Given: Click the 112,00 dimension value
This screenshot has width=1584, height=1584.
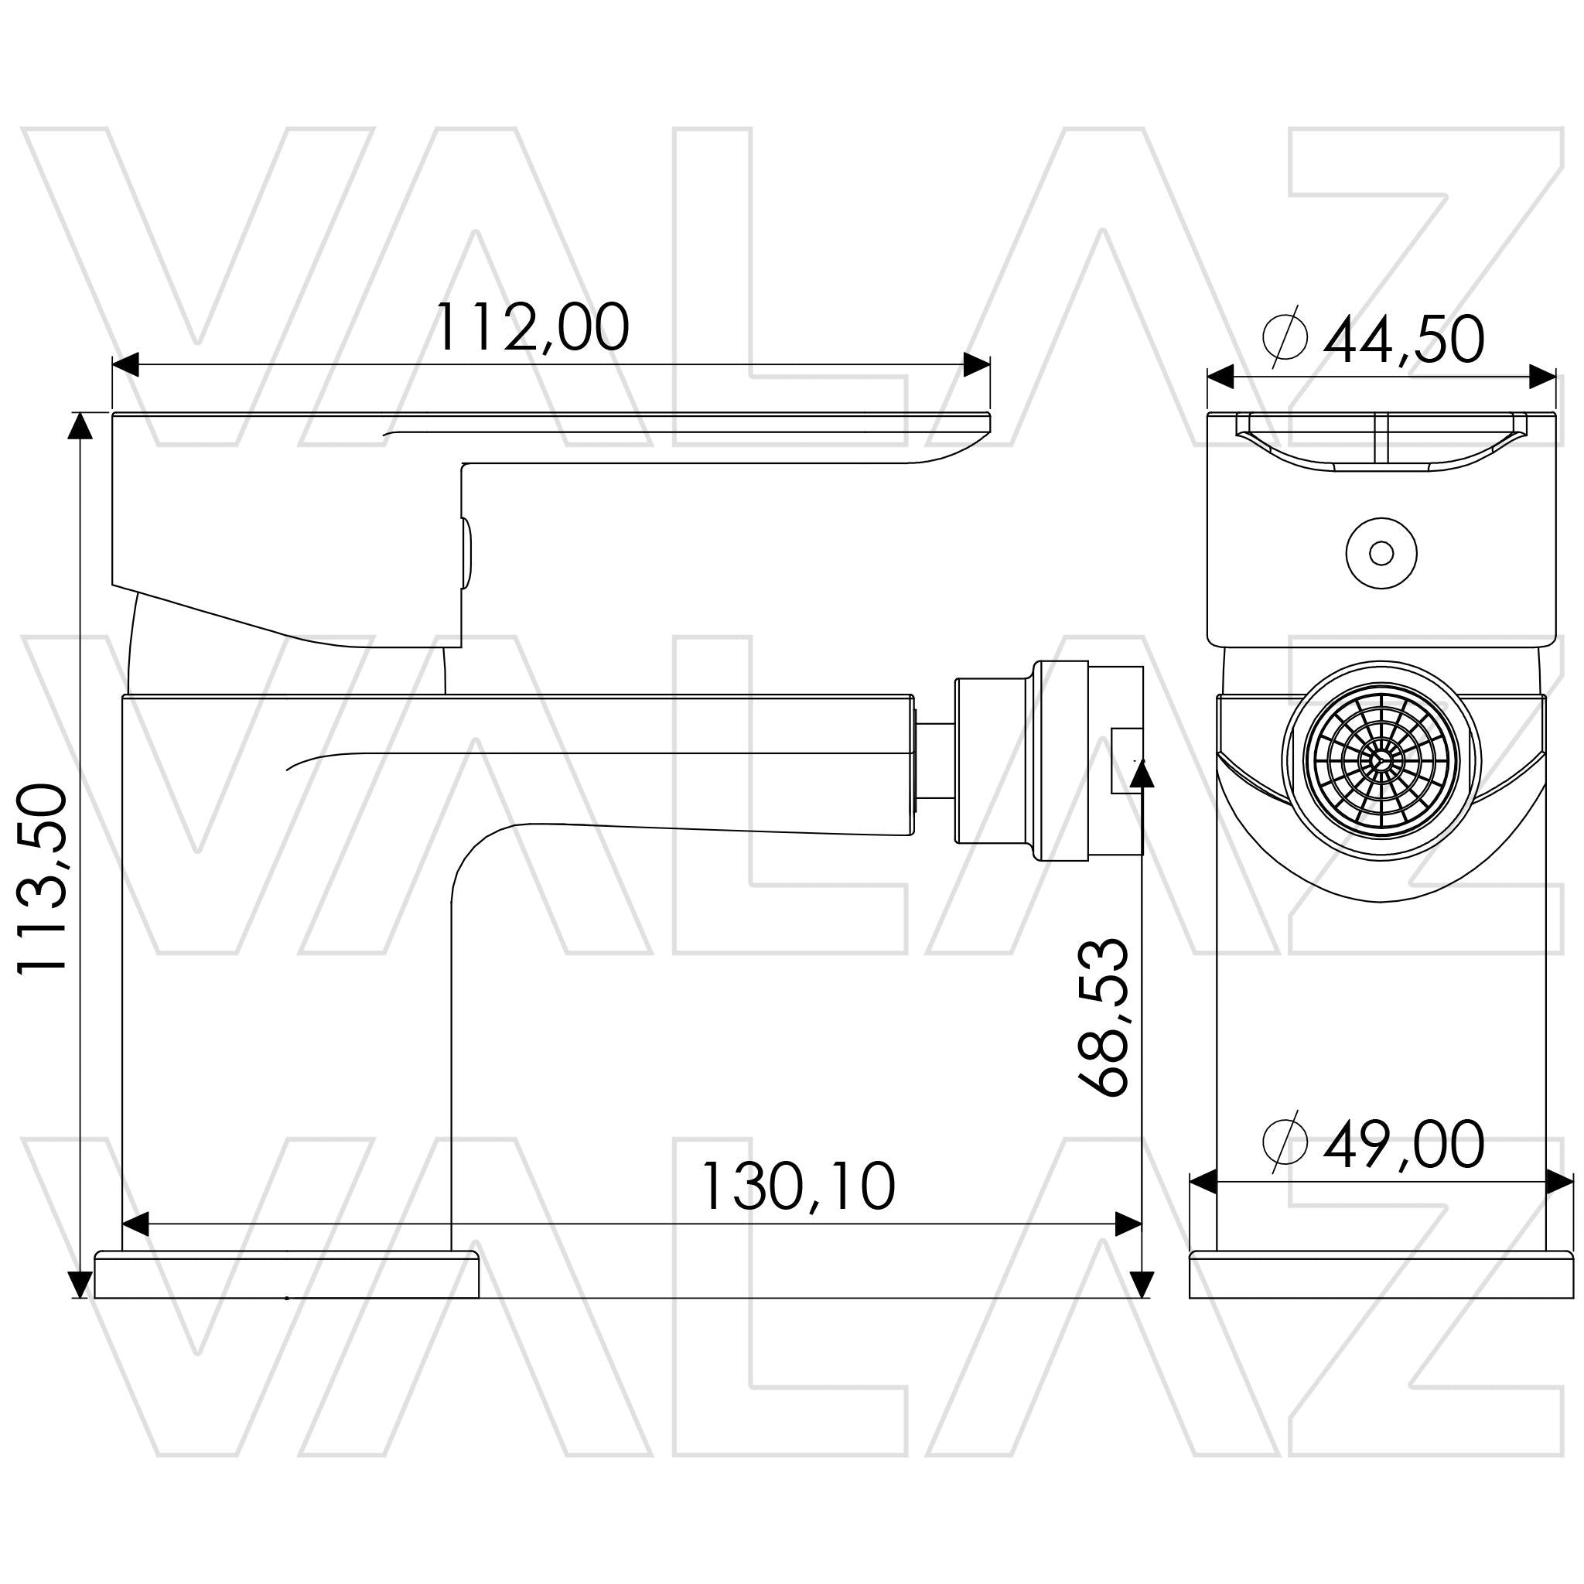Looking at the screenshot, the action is pyautogui.click(x=531, y=328).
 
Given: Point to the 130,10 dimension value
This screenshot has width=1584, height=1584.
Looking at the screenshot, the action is pyautogui.click(x=797, y=1186).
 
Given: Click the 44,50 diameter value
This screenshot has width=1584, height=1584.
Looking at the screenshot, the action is pyautogui.click(x=1404, y=340).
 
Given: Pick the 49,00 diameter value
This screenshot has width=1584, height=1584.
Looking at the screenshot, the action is pyautogui.click(x=1404, y=1145).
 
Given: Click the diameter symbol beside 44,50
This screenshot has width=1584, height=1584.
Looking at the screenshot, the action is pyautogui.click(x=1285, y=337).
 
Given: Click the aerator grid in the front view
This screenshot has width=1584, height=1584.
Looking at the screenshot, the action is pyautogui.click(x=1381, y=762).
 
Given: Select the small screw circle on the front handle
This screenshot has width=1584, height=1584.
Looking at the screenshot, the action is pyautogui.click(x=1381, y=554).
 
